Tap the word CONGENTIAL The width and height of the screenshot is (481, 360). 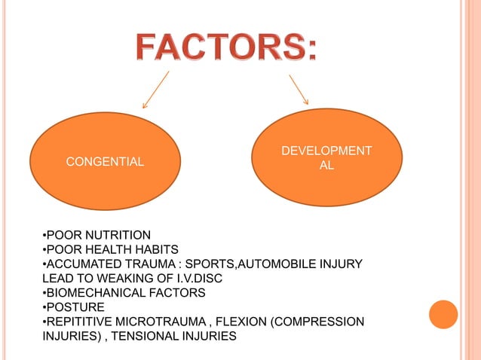[x=105, y=160]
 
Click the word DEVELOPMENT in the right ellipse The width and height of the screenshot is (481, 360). [x=326, y=151]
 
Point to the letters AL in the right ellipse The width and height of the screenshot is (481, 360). [x=326, y=166]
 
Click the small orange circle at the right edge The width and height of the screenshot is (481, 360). [x=443, y=315]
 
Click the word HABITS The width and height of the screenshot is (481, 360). [x=150, y=249]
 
